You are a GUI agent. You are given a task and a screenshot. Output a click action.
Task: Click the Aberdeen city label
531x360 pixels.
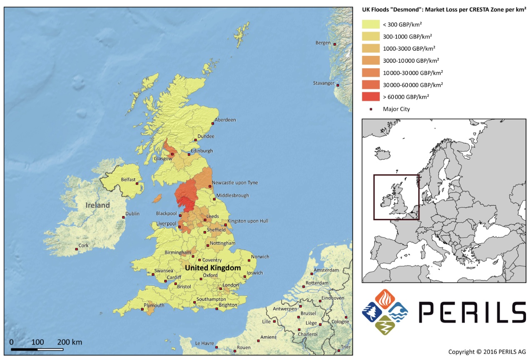225,120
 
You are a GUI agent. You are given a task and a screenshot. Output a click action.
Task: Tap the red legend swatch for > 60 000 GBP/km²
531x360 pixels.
371,97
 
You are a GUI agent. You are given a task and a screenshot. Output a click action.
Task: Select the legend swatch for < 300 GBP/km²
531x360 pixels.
371,24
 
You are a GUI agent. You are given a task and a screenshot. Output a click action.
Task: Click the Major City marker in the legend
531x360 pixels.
371,109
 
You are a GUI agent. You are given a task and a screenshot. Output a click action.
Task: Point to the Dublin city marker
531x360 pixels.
123,217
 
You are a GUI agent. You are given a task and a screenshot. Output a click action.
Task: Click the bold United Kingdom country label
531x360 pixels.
213,268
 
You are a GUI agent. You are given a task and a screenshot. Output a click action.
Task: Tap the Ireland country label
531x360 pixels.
98,205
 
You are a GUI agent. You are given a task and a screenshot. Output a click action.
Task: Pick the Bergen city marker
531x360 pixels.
334,44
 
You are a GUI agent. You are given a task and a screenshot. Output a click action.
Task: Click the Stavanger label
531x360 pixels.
324,83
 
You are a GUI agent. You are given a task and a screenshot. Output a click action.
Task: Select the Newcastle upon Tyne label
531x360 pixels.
234,183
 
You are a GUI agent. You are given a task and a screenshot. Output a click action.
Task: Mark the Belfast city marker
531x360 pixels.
137,183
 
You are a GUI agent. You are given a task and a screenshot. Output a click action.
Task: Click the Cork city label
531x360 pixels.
84,246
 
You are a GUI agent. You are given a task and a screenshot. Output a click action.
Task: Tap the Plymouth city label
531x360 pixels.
154,305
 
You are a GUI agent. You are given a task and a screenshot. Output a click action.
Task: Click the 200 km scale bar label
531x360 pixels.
70,342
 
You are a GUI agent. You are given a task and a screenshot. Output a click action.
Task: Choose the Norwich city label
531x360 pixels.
260,257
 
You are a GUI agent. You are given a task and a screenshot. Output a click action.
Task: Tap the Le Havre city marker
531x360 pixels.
216,347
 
